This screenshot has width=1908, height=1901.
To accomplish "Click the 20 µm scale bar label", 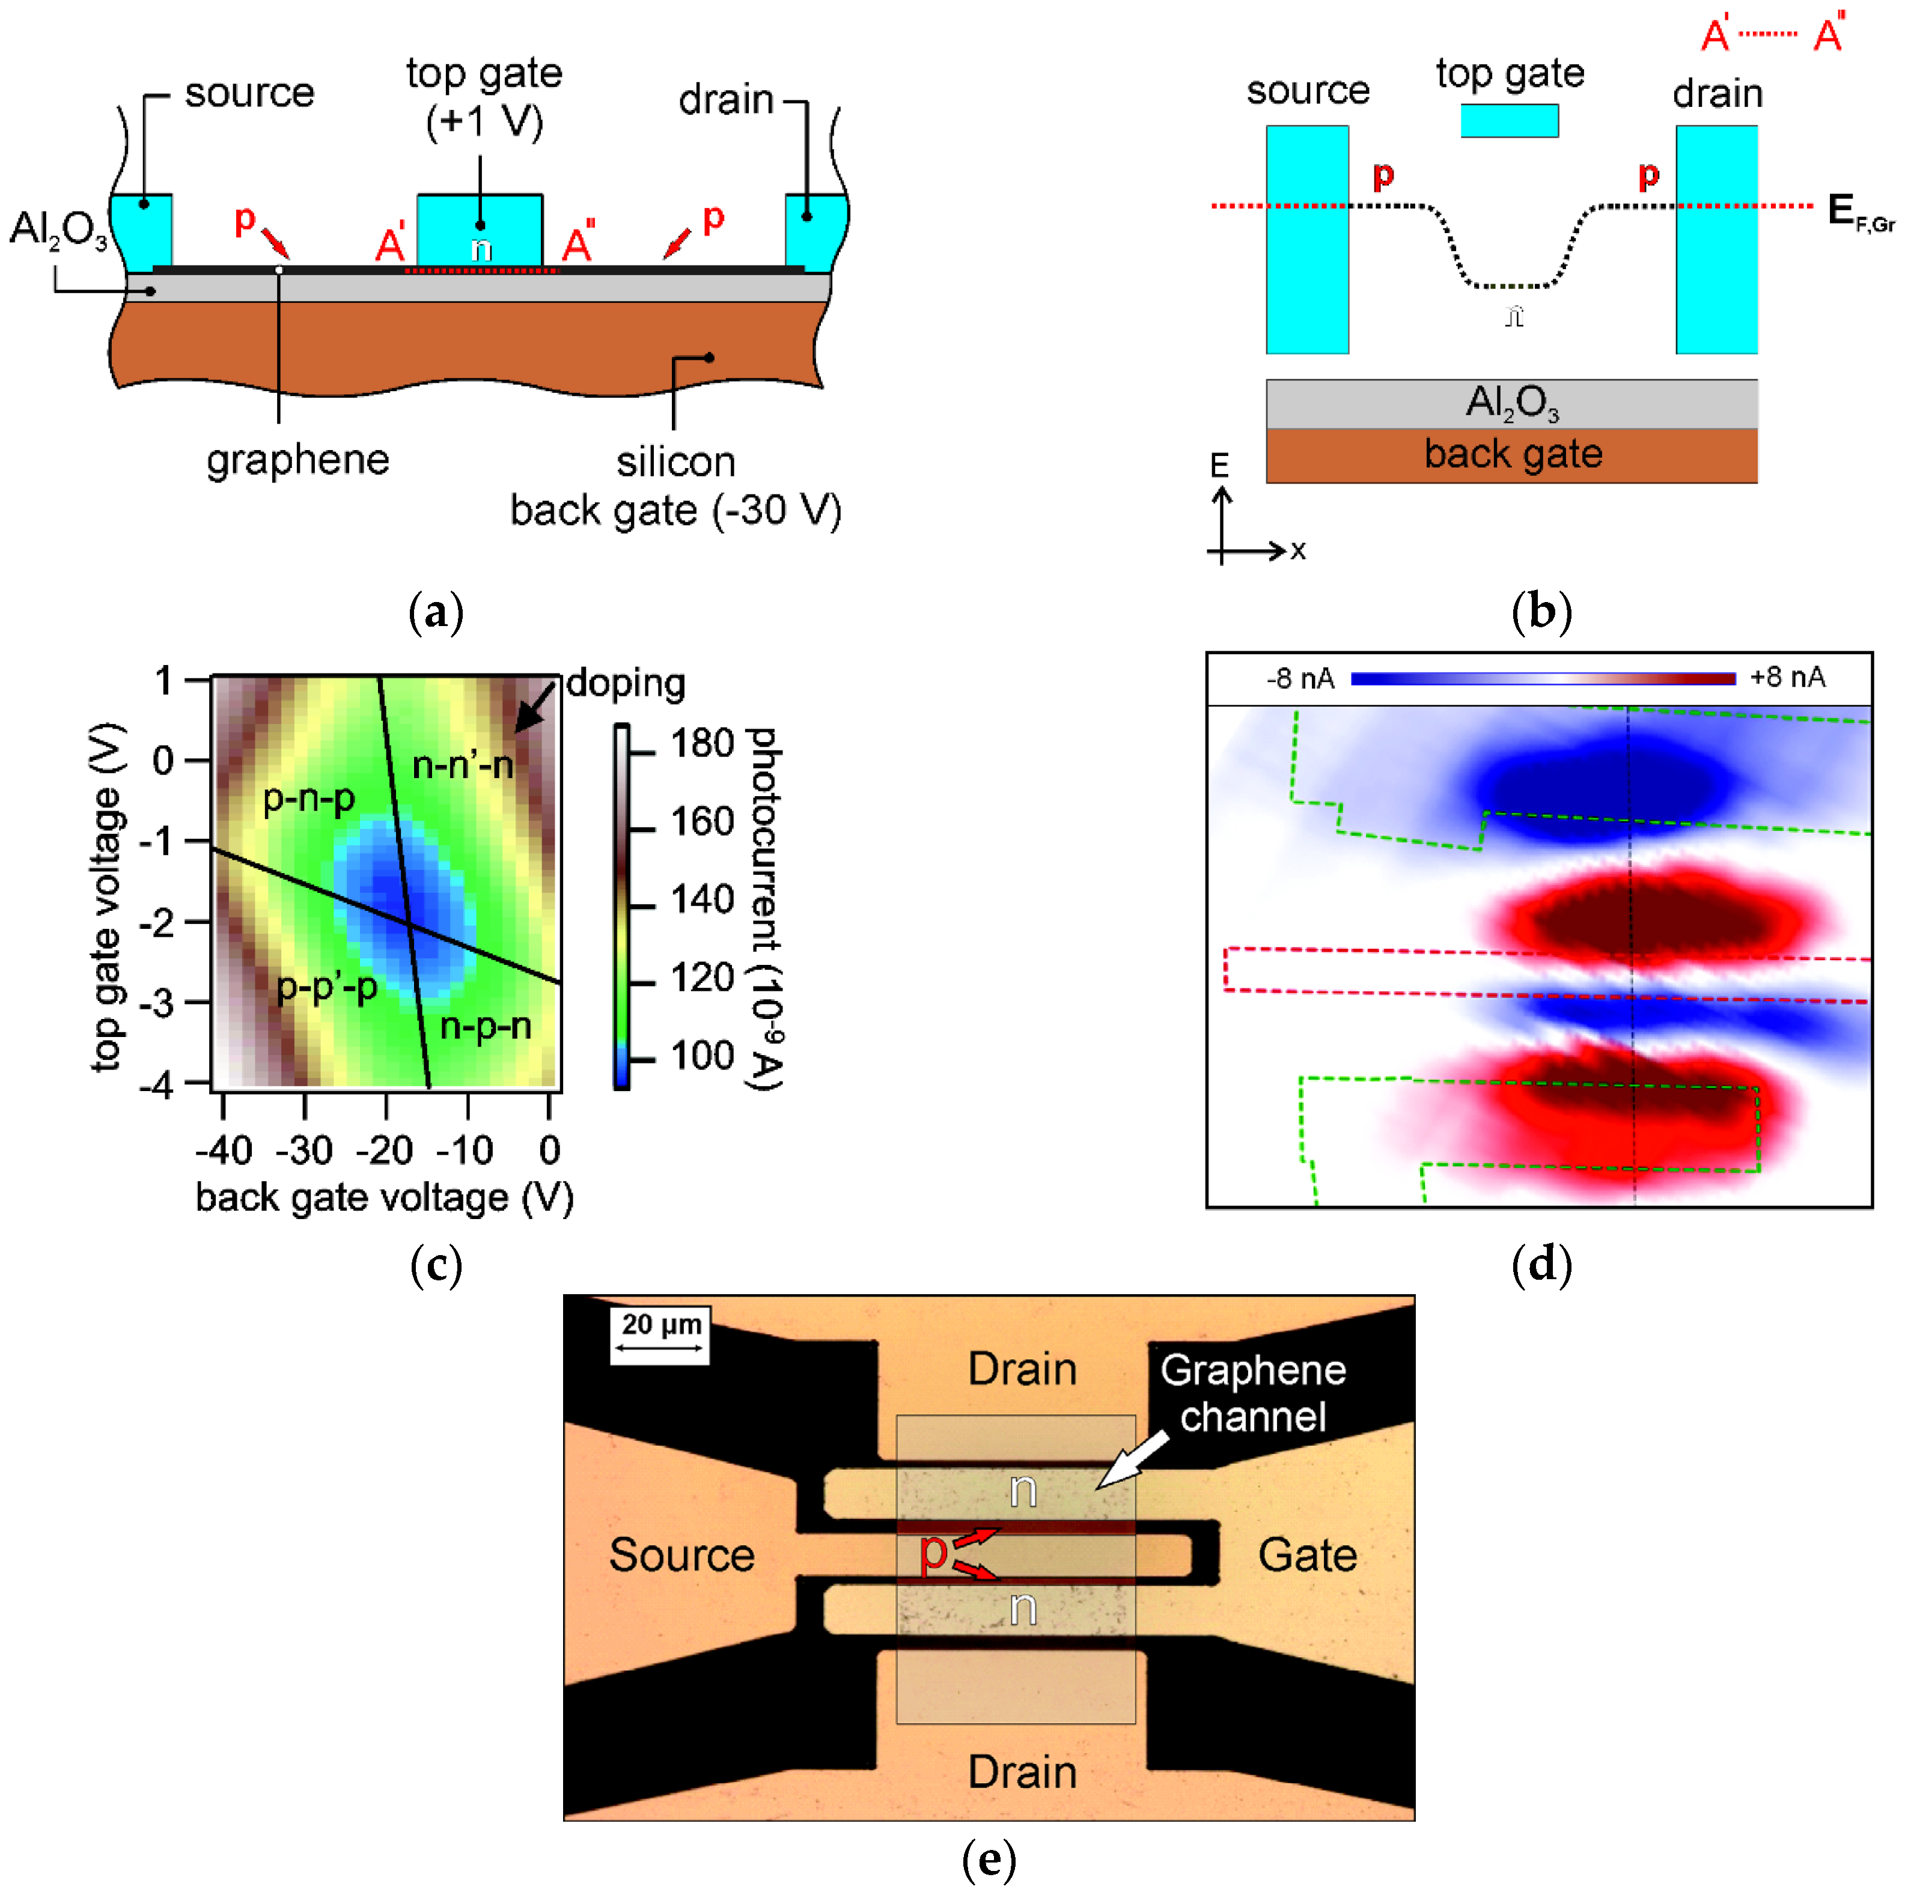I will [660, 1324].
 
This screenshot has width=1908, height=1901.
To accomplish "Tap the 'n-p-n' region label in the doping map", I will [485, 1026].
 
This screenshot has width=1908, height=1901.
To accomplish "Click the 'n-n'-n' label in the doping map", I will [462, 764].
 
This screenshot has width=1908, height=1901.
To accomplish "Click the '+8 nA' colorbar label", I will [1788, 678].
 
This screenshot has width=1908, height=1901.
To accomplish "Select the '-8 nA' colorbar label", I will [1300, 678].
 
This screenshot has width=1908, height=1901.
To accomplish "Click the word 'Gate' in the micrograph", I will [1306, 1556].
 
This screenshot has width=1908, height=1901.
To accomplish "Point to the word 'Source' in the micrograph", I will [681, 1556].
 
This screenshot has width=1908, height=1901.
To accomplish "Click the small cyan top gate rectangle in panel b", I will [1509, 121].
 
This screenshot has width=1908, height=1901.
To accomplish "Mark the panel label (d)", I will [1541, 1265].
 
